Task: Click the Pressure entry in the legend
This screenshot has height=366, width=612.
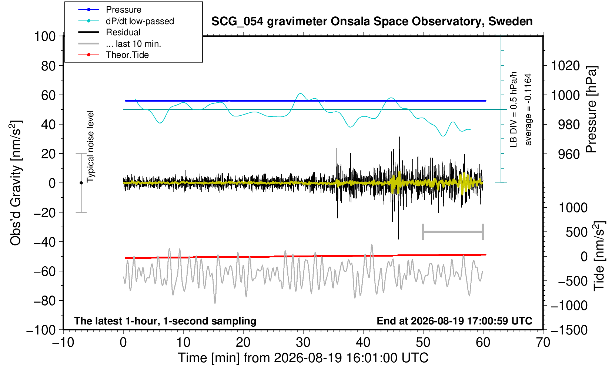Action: tap(124, 10)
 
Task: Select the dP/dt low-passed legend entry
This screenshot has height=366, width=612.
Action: tap(140, 21)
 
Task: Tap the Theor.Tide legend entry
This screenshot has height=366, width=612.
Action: tap(127, 55)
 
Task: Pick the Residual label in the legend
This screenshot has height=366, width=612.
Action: tap(123, 32)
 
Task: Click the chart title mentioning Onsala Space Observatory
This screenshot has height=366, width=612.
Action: tap(372, 22)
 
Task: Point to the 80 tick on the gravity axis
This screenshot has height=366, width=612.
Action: tap(49, 66)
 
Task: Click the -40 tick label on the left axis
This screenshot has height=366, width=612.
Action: tap(45, 242)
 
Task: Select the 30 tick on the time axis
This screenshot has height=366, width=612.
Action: tap(303, 343)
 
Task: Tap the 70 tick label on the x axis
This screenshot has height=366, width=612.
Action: tap(543, 343)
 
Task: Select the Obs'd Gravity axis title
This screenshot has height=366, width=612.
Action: tap(16, 183)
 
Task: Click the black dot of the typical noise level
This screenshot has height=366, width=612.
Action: tap(81, 183)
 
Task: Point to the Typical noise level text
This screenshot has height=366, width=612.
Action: tap(90, 147)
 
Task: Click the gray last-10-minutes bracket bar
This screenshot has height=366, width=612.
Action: tap(453, 232)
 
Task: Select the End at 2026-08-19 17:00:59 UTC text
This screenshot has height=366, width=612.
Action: tap(454, 321)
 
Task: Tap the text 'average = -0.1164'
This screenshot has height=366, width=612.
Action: tap(528, 109)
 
